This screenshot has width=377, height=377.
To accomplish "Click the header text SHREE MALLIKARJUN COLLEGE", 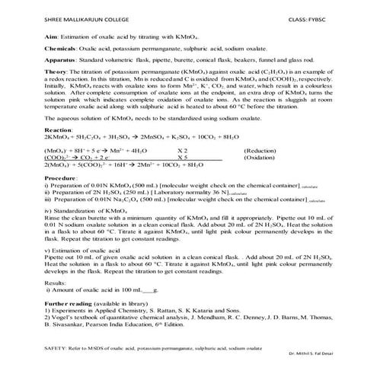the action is (57, 16).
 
